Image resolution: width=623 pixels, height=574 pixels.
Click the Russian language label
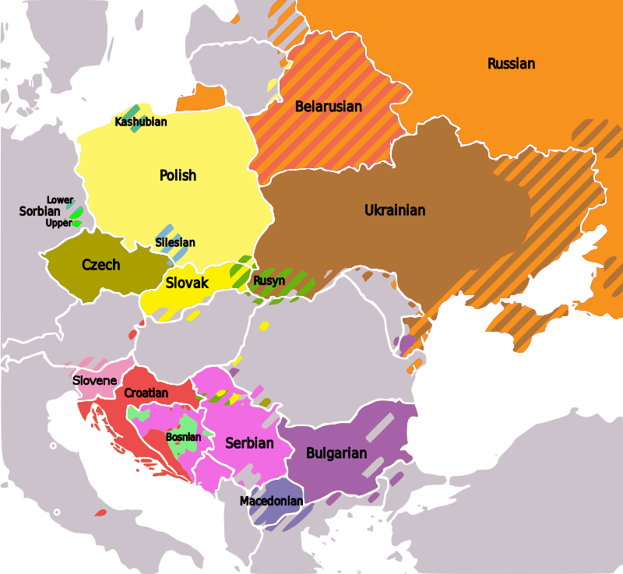[x=511, y=64]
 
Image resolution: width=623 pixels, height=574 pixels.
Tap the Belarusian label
[x=328, y=107]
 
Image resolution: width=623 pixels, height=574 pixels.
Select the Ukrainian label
[x=395, y=210]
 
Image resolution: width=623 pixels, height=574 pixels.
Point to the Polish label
[x=178, y=175]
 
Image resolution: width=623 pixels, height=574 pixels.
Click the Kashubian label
[x=140, y=121]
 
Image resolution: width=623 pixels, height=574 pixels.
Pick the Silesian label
[x=174, y=242]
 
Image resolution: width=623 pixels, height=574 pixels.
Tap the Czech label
[x=101, y=265]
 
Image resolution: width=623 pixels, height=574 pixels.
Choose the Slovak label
[x=187, y=283]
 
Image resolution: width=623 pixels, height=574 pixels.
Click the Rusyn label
[x=269, y=280]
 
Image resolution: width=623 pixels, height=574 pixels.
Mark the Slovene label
[x=95, y=381]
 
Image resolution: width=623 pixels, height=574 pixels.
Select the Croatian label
[x=146, y=393]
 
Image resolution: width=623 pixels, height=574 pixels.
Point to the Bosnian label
[x=183, y=437]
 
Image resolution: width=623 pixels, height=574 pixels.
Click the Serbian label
[x=249, y=443]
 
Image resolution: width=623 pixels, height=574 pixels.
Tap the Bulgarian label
[x=336, y=453]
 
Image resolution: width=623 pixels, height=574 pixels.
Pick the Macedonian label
[x=271, y=501]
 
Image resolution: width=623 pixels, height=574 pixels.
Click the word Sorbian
[x=39, y=212]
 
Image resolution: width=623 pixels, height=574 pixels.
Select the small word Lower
[x=60, y=200]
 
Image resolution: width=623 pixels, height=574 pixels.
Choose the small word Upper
[x=58, y=224]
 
